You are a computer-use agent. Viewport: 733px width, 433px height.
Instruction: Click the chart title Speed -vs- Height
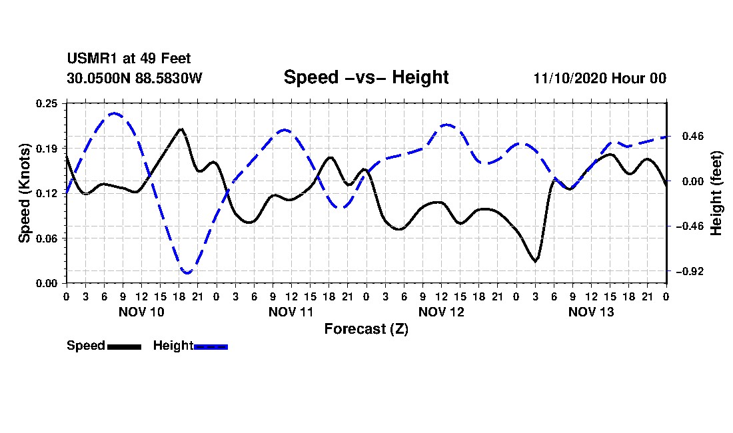(x=366, y=77)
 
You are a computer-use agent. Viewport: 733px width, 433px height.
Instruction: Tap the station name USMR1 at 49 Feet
(x=129, y=59)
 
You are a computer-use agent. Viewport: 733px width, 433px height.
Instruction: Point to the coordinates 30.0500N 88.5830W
(x=134, y=78)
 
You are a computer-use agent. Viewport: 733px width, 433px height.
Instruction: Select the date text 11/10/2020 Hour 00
(x=600, y=78)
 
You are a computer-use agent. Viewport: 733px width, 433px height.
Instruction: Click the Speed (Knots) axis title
(x=25, y=193)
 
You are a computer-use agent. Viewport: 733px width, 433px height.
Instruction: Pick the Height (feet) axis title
(x=716, y=193)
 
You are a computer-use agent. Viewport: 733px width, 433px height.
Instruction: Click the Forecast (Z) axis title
(x=366, y=328)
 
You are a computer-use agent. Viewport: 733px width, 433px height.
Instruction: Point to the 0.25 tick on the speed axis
(x=48, y=103)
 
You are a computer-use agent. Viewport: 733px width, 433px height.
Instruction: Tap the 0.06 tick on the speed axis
(x=48, y=238)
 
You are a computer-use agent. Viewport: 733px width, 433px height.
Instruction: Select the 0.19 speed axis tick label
(x=48, y=148)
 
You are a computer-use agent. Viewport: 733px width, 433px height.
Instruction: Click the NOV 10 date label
(x=141, y=312)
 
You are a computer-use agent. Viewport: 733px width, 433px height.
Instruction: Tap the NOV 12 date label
(x=441, y=312)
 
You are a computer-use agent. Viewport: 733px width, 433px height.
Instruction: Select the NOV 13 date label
(x=591, y=312)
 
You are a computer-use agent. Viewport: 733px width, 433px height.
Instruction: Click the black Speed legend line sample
(x=124, y=346)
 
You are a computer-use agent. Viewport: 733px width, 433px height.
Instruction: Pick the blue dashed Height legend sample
(x=211, y=346)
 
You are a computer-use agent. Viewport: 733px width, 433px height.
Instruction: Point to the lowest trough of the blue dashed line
(x=187, y=272)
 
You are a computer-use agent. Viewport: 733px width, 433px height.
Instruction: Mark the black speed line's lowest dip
(x=535, y=261)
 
